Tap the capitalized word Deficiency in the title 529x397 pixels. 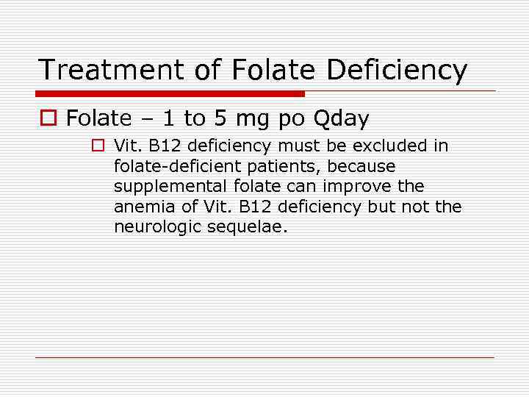click(x=397, y=70)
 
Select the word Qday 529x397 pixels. click(x=341, y=118)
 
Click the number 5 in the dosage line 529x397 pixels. click(x=220, y=118)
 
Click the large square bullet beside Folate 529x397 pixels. click(x=48, y=118)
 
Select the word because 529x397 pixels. click(x=362, y=167)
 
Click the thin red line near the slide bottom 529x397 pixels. click(x=264, y=358)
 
